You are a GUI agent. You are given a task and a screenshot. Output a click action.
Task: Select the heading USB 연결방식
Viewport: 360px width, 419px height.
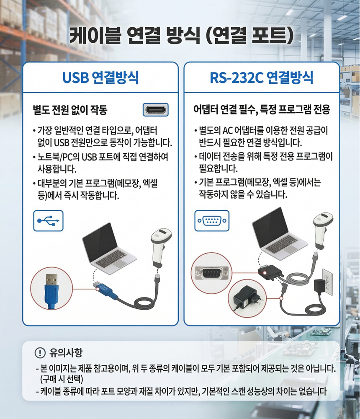[x=100, y=78]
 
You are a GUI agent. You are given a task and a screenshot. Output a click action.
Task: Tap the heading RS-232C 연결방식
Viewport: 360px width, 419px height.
[x=262, y=78]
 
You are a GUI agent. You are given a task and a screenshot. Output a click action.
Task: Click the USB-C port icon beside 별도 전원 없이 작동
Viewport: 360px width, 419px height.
[x=156, y=109]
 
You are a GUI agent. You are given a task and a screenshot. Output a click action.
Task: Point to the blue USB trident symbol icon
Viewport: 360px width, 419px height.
[x=48, y=221]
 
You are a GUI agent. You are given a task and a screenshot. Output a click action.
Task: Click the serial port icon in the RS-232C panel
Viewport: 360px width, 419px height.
[x=212, y=221]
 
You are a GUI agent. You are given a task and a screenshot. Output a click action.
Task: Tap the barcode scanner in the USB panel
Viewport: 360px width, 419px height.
[x=161, y=247]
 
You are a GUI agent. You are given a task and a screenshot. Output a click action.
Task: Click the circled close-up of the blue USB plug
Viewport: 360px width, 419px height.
[x=51, y=289]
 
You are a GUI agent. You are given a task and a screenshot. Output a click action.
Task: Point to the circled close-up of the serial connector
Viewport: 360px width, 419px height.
[x=211, y=273]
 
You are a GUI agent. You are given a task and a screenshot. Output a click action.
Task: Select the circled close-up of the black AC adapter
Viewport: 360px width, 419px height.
[x=247, y=298]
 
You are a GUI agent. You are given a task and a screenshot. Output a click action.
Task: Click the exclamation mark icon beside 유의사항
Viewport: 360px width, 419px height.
[x=40, y=353]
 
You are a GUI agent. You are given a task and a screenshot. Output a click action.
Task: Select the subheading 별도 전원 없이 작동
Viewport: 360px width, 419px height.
[x=70, y=109]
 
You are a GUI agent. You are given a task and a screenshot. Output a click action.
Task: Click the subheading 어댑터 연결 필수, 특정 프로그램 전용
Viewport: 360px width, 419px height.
[x=262, y=109]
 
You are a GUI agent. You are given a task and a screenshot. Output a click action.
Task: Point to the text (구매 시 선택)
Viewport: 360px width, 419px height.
[x=62, y=379]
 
